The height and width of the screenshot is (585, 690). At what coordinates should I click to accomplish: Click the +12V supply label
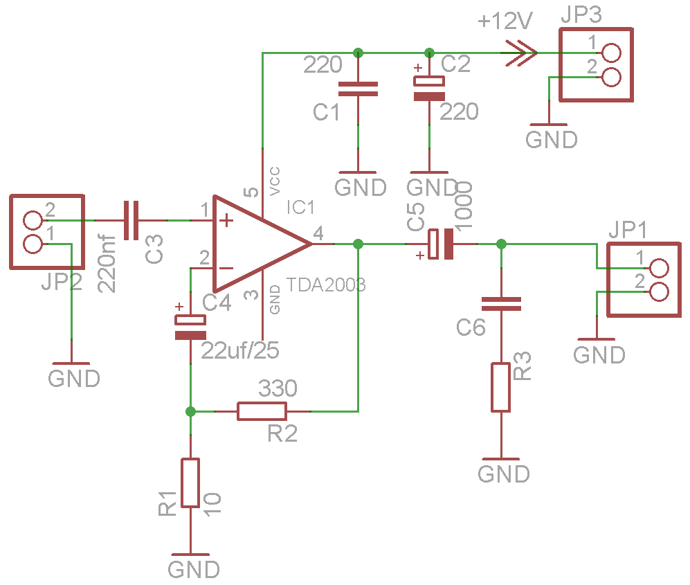[x=505, y=21]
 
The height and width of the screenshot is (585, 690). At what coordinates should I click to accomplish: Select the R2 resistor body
[x=262, y=411]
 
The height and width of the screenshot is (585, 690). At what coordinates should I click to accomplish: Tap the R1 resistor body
[x=190, y=483]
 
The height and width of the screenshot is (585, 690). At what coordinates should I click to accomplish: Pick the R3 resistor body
[x=501, y=388]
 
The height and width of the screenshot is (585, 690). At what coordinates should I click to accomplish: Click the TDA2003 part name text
[x=326, y=285]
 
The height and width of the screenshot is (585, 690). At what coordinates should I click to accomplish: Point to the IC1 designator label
[x=300, y=207]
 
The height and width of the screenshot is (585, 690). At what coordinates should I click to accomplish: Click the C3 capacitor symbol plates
[x=131, y=220]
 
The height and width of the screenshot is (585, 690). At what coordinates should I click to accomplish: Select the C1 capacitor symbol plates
[x=358, y=89]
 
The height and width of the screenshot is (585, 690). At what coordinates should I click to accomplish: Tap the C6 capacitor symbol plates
[x=501, y=304]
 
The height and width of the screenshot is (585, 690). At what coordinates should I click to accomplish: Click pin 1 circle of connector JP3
[x=612, y=53]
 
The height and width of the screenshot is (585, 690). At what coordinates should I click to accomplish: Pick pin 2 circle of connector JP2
[x=33, y=220]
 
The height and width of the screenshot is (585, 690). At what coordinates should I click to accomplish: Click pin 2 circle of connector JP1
[x=659, y=292]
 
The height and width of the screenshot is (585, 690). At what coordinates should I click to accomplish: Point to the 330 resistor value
[x=278, y=388]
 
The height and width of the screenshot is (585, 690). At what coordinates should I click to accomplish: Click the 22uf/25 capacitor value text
[x=240, y=350]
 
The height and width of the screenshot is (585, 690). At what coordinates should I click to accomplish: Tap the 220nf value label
[x=107, y=264]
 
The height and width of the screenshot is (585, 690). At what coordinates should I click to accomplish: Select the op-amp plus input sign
[x=226, y=220]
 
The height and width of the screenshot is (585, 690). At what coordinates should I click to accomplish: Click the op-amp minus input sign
[x=226, y=268]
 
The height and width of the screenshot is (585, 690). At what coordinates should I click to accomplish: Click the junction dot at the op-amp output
[x=358, y=244]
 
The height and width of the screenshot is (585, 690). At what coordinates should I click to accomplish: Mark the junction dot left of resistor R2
[x=190, y=411]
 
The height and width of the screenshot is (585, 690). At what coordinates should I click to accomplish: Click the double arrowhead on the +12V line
[x=521, y=53]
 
